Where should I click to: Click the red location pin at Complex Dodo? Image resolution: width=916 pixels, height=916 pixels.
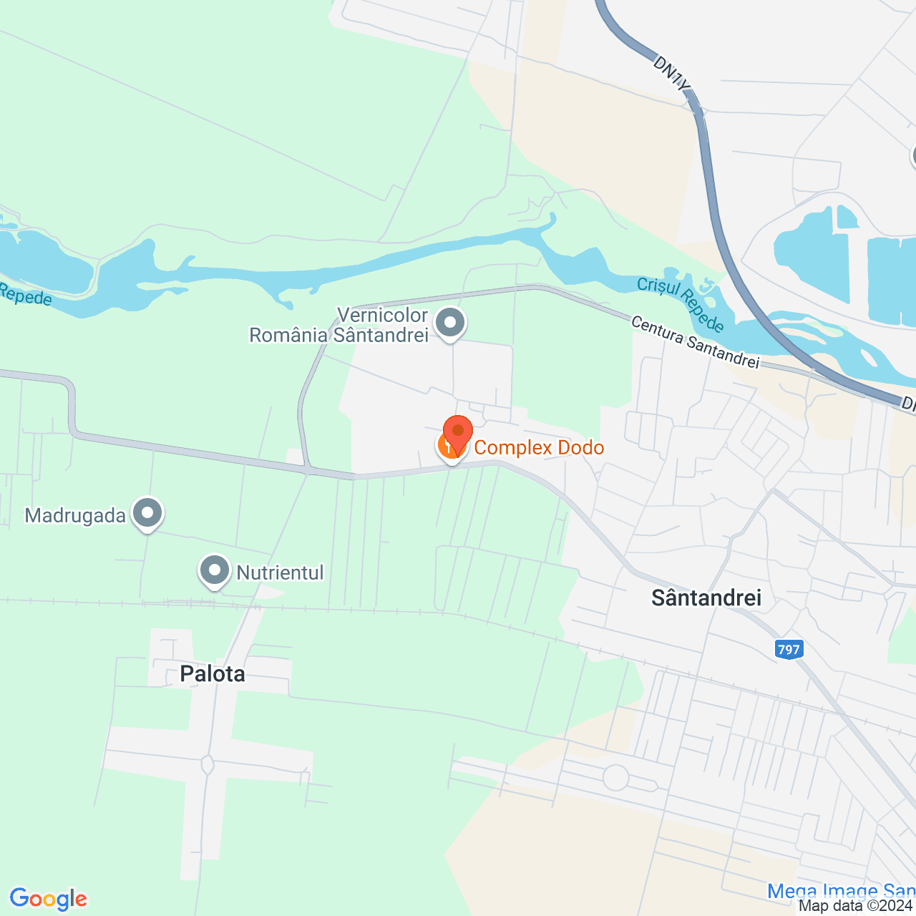pyautogui.click(x=458, y=432)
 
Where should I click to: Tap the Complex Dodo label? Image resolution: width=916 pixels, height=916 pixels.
pyautogui.click(x=539, y=448)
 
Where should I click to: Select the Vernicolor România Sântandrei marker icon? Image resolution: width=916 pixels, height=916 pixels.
pyautogui.click(x=450, y=323)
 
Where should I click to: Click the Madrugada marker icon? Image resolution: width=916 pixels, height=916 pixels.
pyautogui.click(x=148, y=513)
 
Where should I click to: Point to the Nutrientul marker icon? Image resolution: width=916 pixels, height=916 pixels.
pyautogui.click(x=214, y=571)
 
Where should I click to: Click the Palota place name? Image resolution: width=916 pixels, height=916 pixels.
pyautogui.click(x=213, y=673)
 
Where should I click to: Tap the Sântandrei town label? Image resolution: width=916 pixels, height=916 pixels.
pyautogui.click(x=706, y=598)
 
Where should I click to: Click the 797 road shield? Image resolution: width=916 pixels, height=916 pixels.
pyautogui.click(x=788, y=650)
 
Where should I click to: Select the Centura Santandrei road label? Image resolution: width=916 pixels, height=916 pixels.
pyautogui.click(x=694, y=343)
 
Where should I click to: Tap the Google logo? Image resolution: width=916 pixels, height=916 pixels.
pyautogui.click(x=49, y=899)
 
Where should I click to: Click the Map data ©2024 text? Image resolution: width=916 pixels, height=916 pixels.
pyautogui.click(x=856, y=906)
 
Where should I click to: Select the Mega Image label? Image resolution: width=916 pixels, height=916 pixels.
pyautogui.click(x=841, y=891)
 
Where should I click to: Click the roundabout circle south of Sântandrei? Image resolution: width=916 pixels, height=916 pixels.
pyautogui.click(x=615, y=777)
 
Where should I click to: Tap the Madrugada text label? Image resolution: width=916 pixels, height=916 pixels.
pyautogui.click(x=75, y=515)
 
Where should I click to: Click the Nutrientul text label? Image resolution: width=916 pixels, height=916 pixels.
pyautogui.click(x=280, y=572)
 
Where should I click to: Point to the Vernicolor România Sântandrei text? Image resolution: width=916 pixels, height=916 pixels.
pyautogui.click(x=338, y=325)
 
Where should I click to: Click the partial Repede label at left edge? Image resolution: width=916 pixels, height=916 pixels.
pyautogui.click(x=25, y=294)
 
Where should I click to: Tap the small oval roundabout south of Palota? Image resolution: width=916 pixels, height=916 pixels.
pyautogui.click(x=208, y=765)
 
